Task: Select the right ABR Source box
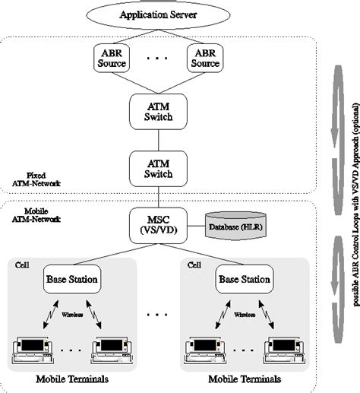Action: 205,59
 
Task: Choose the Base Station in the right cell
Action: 244,279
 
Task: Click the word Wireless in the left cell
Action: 71,312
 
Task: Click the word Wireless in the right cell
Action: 244,312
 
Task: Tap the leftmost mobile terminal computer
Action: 33,350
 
